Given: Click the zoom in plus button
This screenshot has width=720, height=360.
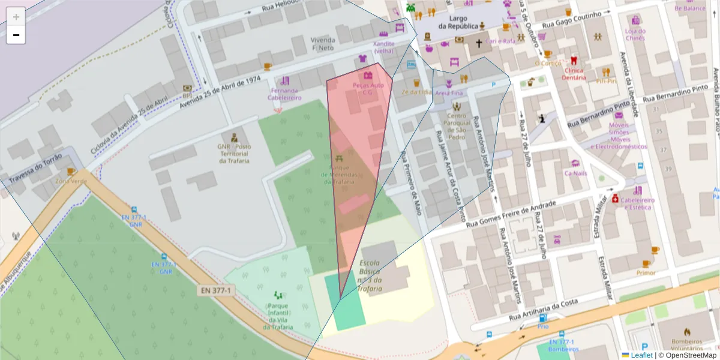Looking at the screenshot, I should point(16,16).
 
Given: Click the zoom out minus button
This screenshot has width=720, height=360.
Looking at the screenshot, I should point(16,35).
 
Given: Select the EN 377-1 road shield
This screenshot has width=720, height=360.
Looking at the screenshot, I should point(217,290).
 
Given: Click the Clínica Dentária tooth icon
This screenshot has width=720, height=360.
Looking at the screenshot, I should point(574,60).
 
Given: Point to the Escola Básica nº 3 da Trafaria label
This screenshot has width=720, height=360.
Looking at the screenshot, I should point(370,276).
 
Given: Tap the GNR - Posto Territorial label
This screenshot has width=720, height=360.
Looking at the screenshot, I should point(235,153).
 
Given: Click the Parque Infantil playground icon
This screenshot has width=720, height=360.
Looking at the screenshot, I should point(278,295).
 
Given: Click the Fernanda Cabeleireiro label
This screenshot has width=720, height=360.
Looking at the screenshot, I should point(284,94).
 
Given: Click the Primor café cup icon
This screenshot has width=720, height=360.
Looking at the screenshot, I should point(646,263).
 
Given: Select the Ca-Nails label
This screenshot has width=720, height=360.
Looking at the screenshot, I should point(575,173).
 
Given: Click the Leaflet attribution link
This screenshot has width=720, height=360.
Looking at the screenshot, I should point(641,355).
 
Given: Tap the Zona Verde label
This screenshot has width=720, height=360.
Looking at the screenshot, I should point(71,181).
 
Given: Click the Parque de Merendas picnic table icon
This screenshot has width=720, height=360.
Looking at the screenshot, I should point(340,158).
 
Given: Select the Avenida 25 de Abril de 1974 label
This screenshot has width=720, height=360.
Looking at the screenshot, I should point(220,92).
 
